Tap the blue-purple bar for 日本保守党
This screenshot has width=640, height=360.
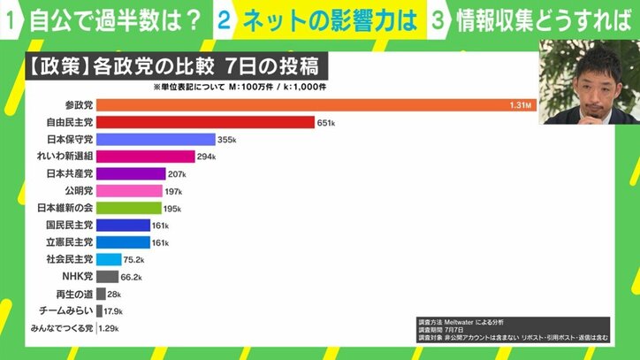155,140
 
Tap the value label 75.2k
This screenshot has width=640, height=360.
134,260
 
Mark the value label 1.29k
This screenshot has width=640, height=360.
110,329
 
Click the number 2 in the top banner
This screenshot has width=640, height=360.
225,22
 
